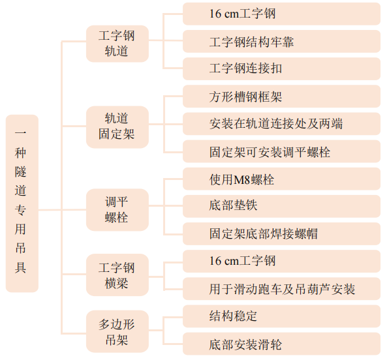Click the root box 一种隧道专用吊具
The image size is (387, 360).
22,203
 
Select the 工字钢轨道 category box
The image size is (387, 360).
117,44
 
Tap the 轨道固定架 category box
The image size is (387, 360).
117,127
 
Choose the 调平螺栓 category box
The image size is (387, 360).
117,210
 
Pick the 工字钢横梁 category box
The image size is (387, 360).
117,275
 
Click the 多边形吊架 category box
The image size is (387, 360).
117,331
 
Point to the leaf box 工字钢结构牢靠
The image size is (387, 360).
281,42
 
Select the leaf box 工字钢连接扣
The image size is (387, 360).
281,68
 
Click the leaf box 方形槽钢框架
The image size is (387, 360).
281,97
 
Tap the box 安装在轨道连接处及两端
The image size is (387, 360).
281,124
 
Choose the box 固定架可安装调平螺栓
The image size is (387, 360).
281,151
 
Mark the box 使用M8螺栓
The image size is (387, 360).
281,179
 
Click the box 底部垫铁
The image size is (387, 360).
281,206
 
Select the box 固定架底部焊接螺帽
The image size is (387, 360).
281,233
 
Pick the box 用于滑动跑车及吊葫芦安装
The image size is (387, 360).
281,289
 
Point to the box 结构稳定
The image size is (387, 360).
281,316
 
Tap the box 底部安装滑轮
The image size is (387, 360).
281,344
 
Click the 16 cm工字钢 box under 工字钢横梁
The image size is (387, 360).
281,262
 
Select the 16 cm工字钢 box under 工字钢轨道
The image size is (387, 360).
281,14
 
